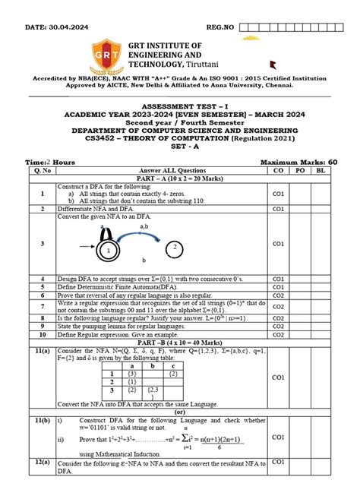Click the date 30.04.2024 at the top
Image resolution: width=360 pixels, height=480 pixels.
(x=68, y=28)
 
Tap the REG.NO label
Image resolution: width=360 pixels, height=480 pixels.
(x=219, y=28)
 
